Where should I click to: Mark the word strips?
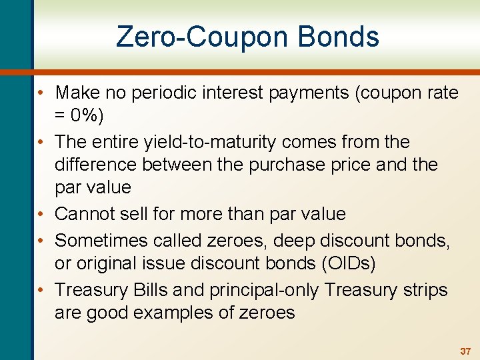425,290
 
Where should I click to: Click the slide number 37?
465,351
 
